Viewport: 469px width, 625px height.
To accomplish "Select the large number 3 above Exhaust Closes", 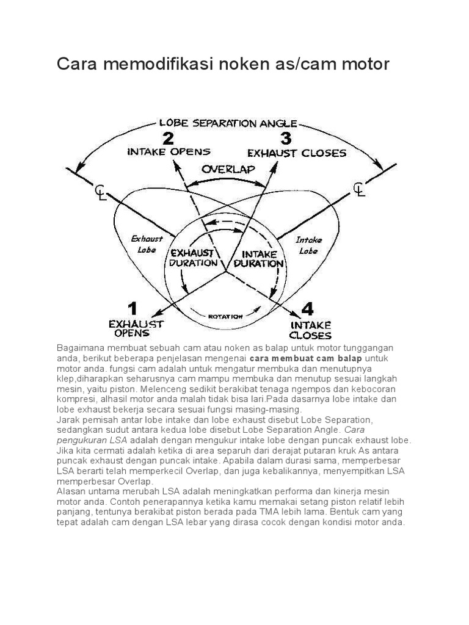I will click(x=286, y=139).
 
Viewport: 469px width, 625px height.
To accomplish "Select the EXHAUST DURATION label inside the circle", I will click(x=194, y=258).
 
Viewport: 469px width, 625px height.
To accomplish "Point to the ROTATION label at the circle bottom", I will click(x=226, y=316).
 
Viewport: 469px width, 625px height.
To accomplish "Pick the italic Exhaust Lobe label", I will click(x=147, y=244).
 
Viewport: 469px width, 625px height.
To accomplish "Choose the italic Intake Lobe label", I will click(x=310, y=245).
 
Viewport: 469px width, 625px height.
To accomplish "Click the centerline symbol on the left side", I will click(x=101, y=192).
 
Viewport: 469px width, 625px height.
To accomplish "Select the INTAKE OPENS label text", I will click(x=169, y=151).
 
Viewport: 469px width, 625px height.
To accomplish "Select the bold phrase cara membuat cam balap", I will click(x=306, y=358).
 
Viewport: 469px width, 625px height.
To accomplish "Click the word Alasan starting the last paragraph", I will click(x=71, y=491).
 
